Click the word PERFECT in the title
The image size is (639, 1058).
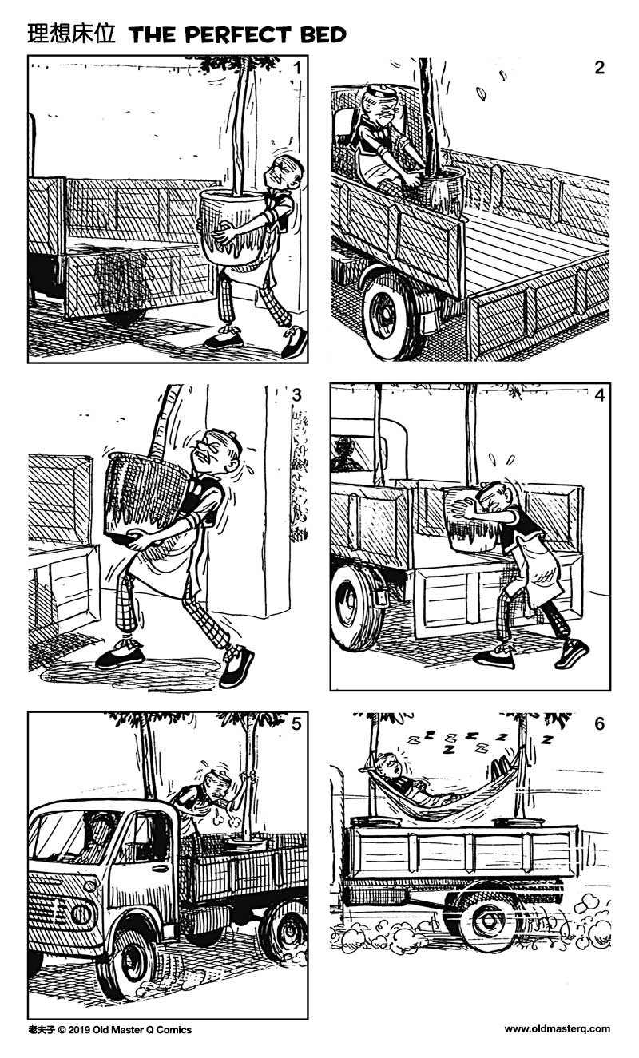click(x=232, y=34)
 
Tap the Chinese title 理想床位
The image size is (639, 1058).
click(x=72, y=34)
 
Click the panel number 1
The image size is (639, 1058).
click(x=296, y=68)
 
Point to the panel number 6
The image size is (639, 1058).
click(x=599, y=724)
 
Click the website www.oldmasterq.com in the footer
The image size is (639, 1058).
click(x=557, y=1029)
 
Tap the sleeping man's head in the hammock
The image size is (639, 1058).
click(x=387, y=767)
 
